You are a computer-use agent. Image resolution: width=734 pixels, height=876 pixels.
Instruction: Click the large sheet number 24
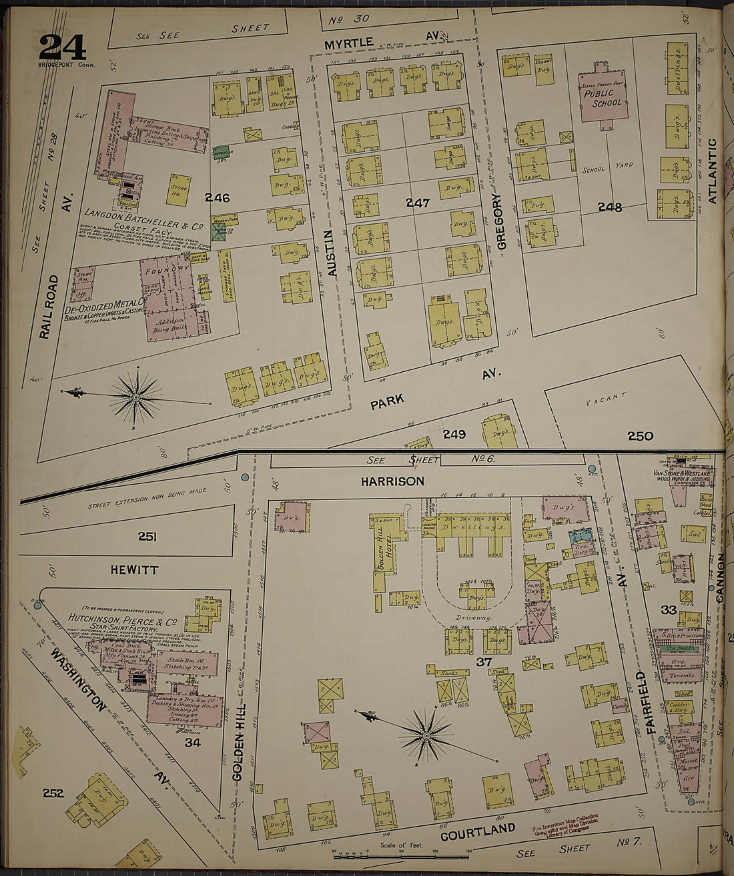[62, 47]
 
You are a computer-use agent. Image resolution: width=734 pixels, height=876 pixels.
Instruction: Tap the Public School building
[603, 97]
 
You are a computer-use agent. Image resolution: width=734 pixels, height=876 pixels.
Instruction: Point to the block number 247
[418, 203]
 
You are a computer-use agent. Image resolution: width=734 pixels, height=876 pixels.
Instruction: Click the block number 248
[610, 207]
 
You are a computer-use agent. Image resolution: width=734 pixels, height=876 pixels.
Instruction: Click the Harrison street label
[392, 481]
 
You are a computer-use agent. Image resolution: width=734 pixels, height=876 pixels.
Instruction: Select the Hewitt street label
[134, 569]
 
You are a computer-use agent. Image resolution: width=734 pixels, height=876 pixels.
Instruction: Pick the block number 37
[484, 662]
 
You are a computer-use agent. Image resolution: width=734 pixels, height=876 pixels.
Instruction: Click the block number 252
[53, 793]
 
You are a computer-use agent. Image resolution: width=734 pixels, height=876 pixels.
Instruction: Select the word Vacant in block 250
[607, 399]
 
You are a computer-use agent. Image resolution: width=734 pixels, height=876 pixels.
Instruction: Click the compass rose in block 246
[135, 398]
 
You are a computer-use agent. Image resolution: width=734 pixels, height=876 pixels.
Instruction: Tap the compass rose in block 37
[425, 736]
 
